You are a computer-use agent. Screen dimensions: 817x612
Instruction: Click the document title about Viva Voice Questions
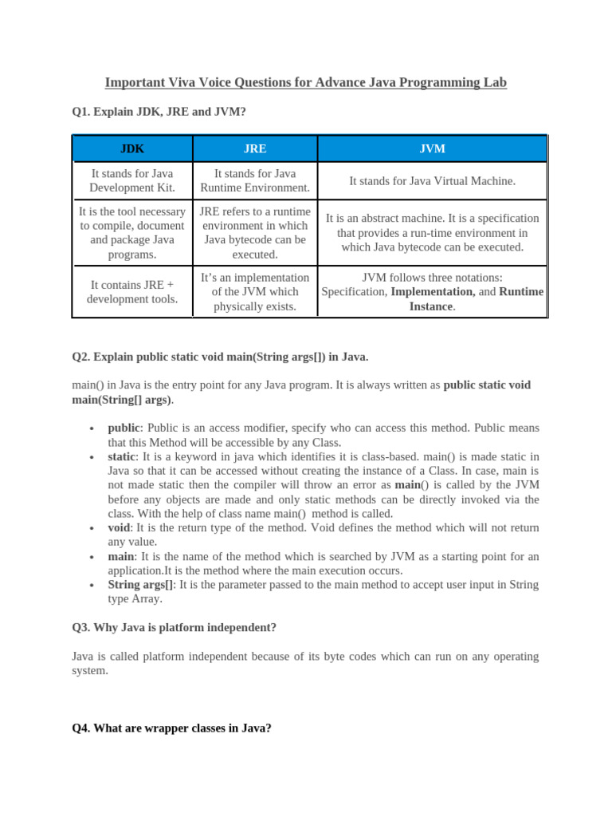coord(307,83)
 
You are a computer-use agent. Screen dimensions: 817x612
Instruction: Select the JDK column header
coord(132,149)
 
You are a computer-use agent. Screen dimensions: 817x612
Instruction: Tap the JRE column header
coord(255,149)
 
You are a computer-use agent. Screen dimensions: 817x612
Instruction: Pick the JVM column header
coord(432,149)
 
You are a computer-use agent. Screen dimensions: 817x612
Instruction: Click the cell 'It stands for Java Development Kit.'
coord(132,181)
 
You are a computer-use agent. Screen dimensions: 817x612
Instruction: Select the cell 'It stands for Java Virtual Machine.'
coord(432,181)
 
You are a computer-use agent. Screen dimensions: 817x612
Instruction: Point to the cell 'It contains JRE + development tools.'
coord(132,292)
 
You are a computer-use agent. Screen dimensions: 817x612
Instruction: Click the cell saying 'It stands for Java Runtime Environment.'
coord(255,181)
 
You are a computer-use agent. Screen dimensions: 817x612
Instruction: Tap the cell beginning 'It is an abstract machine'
coord(432,232)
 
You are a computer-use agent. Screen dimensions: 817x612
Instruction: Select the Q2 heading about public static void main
coord(220,356)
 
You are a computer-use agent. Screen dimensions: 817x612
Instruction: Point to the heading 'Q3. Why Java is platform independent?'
coord(174,627)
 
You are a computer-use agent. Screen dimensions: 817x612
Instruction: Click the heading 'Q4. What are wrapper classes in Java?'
coord(171,728)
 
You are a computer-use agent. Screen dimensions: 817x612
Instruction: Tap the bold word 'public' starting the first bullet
coord(124,428)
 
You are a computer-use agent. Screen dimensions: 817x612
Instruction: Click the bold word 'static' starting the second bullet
coord(123,456)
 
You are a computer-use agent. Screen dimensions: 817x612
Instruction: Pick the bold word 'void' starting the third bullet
coord(120,527)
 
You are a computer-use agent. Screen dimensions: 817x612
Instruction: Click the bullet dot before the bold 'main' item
coord(94,557)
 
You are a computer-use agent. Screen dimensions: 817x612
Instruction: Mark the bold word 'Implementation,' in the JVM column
coord(433,292)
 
